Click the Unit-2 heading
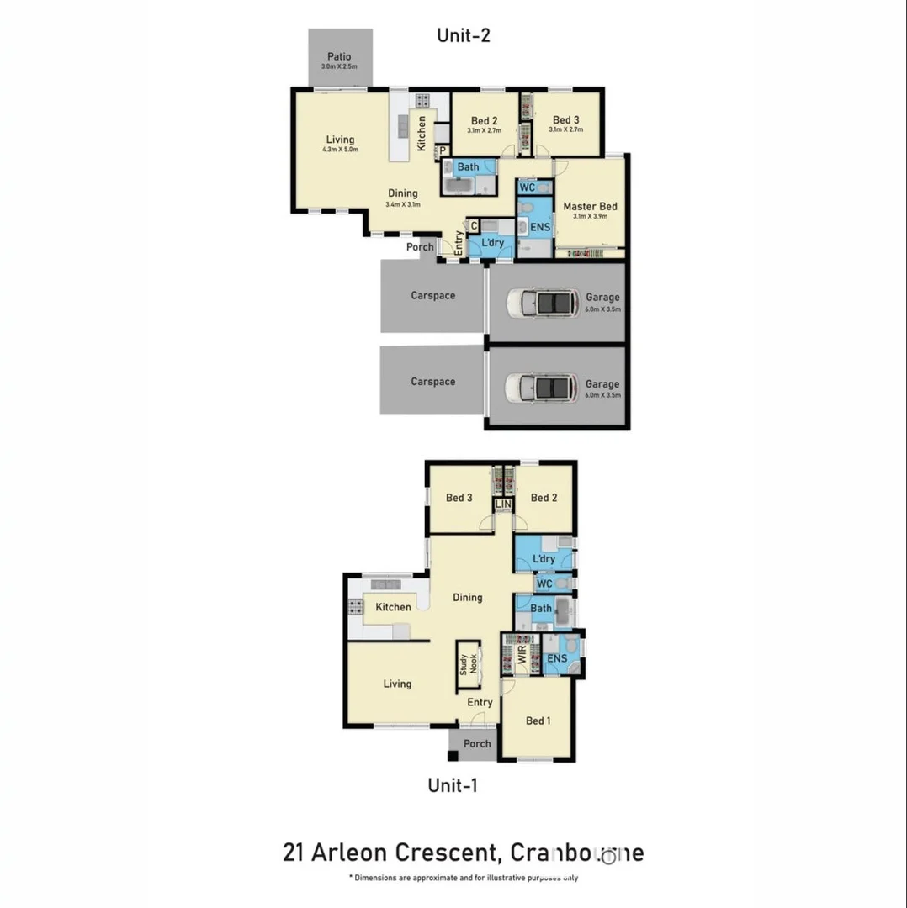(x=463, y=35)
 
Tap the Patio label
(x=339, y=56)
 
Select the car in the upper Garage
(x=543, y=303)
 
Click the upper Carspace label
(x=433, y=296)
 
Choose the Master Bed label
(x=590, y=207)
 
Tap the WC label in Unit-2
(x=527, y=187)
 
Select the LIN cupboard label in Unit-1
(x=503, y=504)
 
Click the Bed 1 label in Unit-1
(x=538, y=721)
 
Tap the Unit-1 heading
(x=453, y=786)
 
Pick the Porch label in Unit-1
(x=477, y=744)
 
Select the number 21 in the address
(x=294, y=853)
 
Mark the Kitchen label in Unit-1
(x=393, y=608)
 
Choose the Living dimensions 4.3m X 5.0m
(x=340, y=150)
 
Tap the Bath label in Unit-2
(x=468, y=167)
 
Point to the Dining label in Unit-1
(x=468, y=598)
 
